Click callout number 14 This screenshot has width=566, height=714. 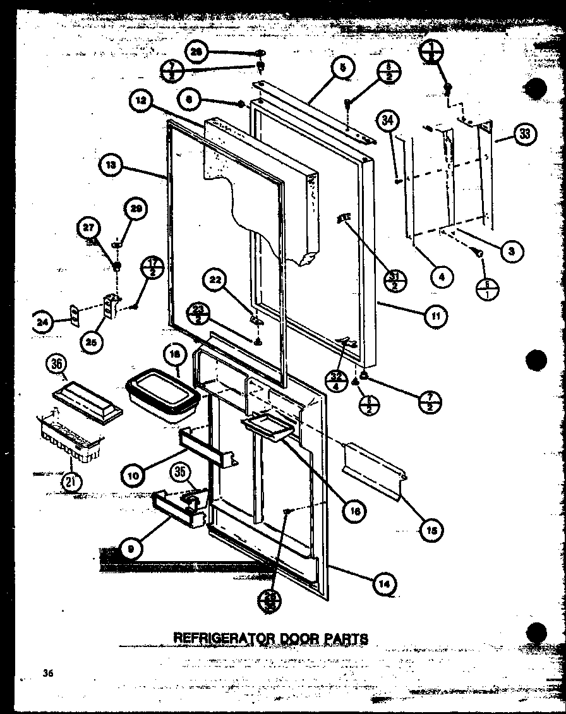pyautogui.click(x=387, y=585)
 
